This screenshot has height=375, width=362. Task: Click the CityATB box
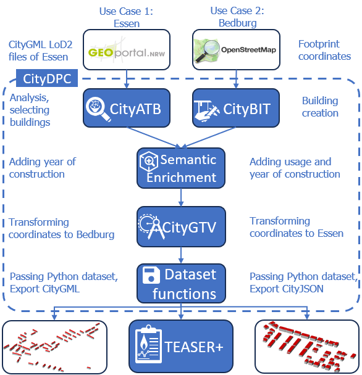tap(127, 108)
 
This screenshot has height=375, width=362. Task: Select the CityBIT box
tap(236, 108)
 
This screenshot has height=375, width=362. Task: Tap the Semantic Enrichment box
tap(181, 168)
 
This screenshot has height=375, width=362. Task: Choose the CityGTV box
tap(181, 226)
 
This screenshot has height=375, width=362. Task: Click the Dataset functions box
tap(181, 283)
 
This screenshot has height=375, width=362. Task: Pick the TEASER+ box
tap(181, 346)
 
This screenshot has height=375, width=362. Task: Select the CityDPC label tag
tap(47, 78)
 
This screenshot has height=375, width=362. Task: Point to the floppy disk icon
tap(151, 275)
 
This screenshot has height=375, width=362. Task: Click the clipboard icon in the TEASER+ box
tap(148, 344)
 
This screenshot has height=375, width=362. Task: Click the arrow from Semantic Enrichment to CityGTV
tap(181, 197)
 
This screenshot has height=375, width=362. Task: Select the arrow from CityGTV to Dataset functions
tap(181, 255)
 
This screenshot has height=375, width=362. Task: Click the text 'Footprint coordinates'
tap(324, 50)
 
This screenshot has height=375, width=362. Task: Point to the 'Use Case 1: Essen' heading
tap(126, 17)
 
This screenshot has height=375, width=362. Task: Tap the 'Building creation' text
tap(320, 107)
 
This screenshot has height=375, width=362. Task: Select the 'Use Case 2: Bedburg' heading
tap(237, 17)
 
